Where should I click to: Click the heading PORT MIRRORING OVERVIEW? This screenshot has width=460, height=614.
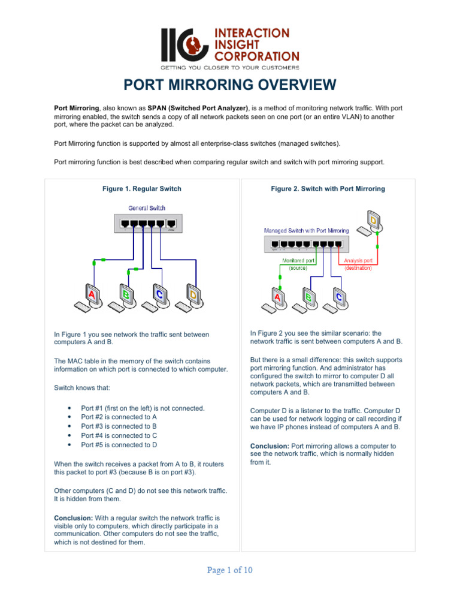(230, 85)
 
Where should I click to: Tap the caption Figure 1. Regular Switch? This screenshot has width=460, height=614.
(142, 189)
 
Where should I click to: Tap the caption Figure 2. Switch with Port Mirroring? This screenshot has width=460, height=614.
(328, 189)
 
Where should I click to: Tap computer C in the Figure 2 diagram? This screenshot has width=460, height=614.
(337, 297)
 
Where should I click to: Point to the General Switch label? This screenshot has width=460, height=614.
(147, 208)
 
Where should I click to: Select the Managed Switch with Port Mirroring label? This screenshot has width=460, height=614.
(307, 230)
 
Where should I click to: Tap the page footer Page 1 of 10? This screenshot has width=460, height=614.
(230, 570)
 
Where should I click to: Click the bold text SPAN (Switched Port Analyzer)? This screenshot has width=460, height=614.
(199, 108)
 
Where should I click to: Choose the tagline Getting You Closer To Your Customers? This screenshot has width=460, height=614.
(230, 67)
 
